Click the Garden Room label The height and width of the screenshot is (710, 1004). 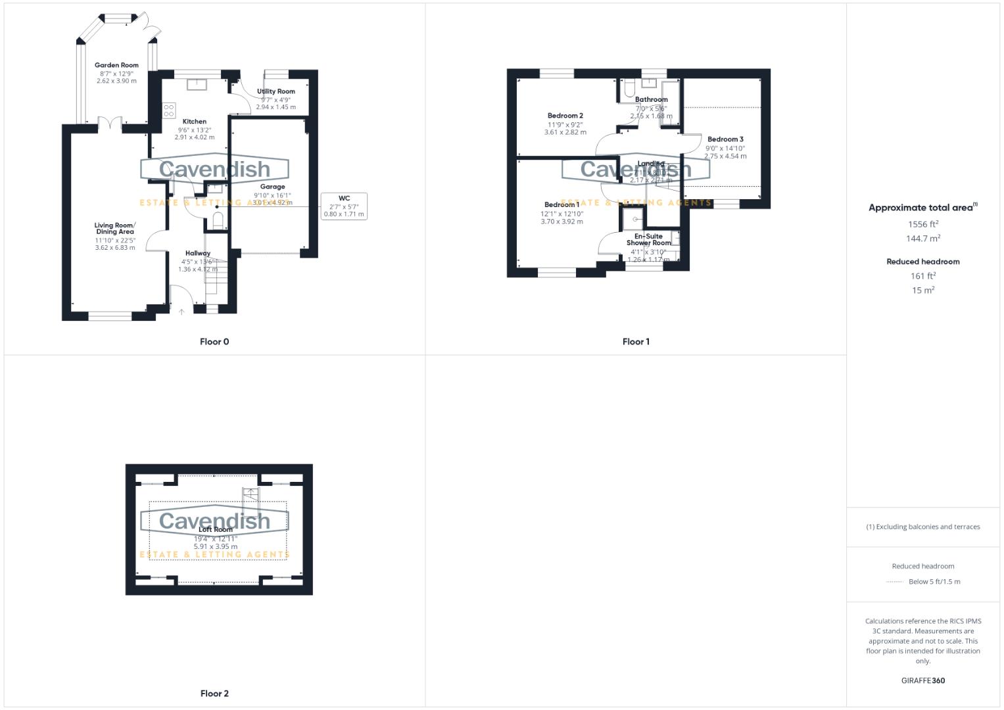click(116, 65)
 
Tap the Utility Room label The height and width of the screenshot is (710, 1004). click(276, 91)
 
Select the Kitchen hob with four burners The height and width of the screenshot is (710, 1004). click(169, 110)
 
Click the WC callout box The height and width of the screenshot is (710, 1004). click(343, 206)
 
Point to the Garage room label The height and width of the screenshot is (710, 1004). click(272, 187)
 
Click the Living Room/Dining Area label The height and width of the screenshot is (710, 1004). click(115, 228)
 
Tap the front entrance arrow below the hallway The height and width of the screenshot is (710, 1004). click(181, 312)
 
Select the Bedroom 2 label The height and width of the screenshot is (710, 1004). click(565, 116)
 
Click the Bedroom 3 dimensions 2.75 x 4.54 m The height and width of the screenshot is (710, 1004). click(725, 156)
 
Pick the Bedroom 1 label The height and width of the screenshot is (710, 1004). click(562, 204)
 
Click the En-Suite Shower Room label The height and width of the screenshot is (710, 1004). click(648, 239)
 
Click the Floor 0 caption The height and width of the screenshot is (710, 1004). click(214, 342)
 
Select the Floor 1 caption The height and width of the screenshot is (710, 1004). click(636, 342)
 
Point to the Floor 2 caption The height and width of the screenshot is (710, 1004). click(214, 694)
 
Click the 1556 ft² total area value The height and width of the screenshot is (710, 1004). click(923, 224)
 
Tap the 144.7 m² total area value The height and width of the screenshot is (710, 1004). click(923, 239)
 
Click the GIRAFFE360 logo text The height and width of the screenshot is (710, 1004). click(923, 681)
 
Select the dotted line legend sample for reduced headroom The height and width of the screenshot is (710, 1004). click(894, 582)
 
